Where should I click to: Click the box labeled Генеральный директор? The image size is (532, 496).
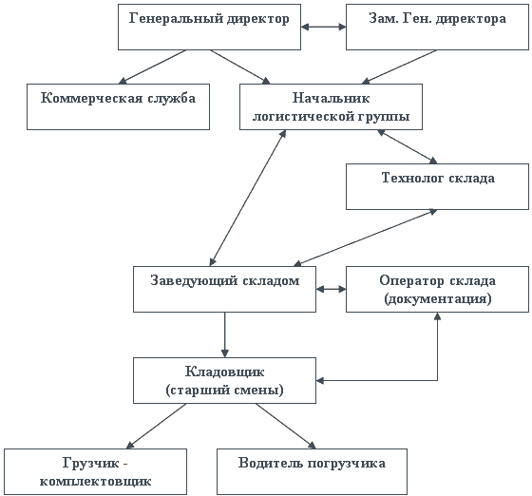(x=209, y=28)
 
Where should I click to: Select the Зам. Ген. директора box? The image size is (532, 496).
(x=437, y=28)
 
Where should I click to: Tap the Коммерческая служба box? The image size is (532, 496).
(x=118, y=106)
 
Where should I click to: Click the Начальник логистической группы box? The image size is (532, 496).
(x=332, y=106)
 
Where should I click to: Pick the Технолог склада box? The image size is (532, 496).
(x=437, y=186)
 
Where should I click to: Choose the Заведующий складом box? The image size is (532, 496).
(x=224, y=289)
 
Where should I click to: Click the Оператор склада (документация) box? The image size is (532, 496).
(x=437, y=289)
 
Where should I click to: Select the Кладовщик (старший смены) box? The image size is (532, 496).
(x=224, y=380)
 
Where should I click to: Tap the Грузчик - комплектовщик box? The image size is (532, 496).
(x=95, y=471)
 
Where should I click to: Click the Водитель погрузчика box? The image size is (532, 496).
(x=312, y=471)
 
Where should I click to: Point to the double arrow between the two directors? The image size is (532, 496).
(x=323, y=27)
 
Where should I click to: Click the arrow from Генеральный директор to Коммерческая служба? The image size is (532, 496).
(x=152, y=67)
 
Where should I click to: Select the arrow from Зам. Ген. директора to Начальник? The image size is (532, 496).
(x=399, y=67)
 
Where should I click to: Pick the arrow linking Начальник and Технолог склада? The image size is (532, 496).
(x=408, y=146)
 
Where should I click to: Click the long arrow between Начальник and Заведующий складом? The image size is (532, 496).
(x=248, y=198)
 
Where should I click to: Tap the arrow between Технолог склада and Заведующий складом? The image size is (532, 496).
(x=366, y=238)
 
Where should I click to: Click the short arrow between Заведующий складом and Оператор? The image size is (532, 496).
(x=332, y=289)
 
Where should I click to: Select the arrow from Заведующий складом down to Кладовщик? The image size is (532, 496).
(x=224, y=334)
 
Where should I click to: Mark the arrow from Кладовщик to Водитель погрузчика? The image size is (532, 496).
(x=286, y=426)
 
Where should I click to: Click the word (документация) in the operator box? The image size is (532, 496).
(x=438, y=299)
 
